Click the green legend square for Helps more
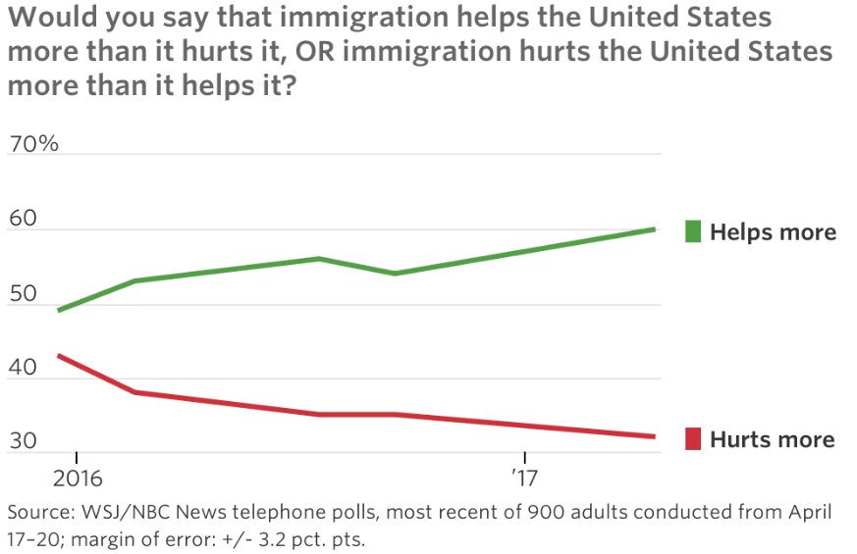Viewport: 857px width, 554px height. point(693,231)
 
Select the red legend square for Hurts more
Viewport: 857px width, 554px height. point(693,438)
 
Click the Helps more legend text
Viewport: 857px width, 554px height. point(773,232)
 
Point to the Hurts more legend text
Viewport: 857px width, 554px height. point(772,439)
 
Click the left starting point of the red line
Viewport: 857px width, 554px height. point(59,355)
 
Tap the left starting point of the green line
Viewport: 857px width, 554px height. point(59,310)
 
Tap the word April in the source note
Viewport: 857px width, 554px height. point(805,513)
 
